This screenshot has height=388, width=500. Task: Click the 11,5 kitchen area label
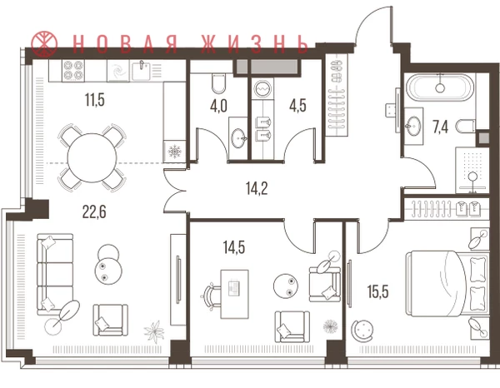95,100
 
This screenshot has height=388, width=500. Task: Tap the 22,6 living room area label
94,211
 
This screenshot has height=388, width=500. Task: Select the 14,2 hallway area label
257,188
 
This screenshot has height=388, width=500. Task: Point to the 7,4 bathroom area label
440,127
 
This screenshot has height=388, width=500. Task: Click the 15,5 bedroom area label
377,291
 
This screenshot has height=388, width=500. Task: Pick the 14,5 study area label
234,247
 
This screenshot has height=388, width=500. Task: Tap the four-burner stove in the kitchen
73,71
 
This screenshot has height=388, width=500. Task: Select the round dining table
92,157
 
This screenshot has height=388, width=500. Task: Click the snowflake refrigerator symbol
174,152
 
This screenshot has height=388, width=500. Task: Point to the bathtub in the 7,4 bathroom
440,87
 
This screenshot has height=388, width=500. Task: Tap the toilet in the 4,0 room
218,83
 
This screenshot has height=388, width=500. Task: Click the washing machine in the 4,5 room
262,88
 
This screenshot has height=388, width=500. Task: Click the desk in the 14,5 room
235,294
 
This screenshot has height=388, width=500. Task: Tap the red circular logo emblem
44,43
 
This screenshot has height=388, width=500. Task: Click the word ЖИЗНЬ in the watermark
255,43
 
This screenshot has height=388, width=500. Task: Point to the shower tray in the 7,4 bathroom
472,170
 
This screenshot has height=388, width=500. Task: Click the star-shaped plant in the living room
154,331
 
